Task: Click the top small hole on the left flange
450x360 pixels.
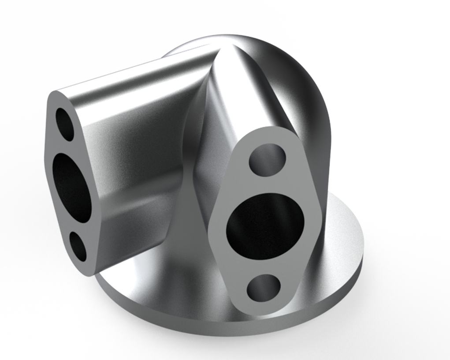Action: click(x=64, y=124)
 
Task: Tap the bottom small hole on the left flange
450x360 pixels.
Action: click(x=78, y=246)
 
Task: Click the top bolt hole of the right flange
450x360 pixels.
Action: click(x=267, y=159)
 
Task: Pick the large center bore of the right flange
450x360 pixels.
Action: click(x=265, y=226)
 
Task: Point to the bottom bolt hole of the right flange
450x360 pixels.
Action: click(x=264, y=288)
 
